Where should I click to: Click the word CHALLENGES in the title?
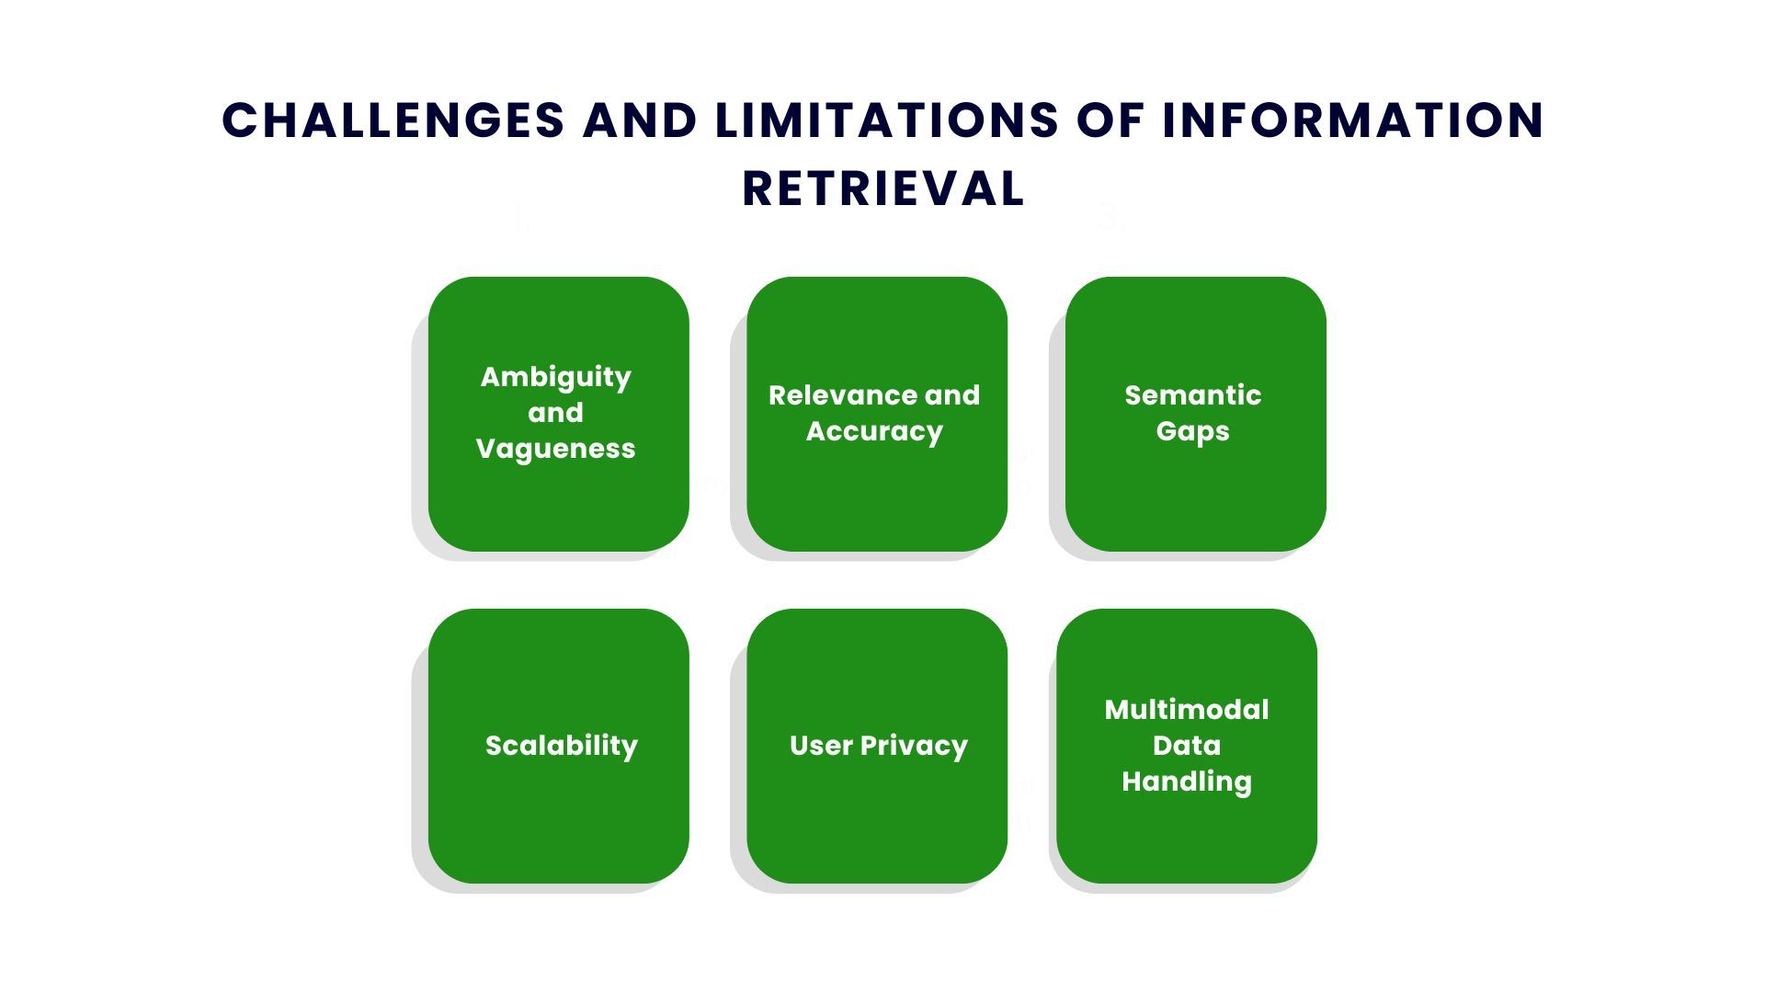[393, 120]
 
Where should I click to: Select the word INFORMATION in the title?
[1353, 120]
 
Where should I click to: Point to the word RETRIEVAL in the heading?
[883, 189]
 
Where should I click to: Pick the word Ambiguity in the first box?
[556, 377]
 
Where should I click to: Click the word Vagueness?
[556, 449]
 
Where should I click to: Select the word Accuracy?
[874, 431]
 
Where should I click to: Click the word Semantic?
[1193, 395]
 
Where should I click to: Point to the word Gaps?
[1192, 431]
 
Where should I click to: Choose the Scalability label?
[562, 746]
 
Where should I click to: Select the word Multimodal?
[1187, 710]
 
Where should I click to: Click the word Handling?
[1187, 782]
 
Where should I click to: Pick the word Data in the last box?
[1187, 746]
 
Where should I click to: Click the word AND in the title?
[640, 120]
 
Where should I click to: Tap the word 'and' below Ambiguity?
[555, 413]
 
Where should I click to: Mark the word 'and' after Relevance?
[952, 395]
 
